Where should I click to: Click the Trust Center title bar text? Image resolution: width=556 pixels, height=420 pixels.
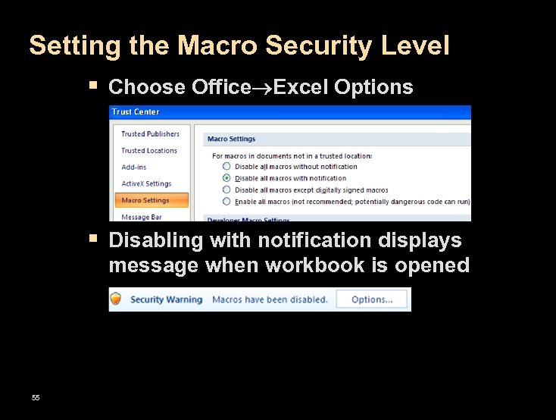tap(136, 112)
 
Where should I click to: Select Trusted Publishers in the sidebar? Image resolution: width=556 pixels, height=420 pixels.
tap(150, 134)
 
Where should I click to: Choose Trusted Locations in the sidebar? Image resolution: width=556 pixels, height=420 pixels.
tap(149, 151)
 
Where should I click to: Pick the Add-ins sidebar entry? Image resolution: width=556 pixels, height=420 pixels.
tap(134, 168)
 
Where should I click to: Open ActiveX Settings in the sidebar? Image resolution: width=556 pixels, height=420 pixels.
tap(146, 184)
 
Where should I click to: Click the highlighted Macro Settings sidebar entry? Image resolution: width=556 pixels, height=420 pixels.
tap(145, 201)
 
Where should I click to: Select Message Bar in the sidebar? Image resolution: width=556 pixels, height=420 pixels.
tap(142, 217)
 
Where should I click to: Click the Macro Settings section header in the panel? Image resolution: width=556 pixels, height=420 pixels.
tap(231, 139)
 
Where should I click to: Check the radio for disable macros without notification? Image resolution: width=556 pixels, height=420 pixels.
tap(226, 167)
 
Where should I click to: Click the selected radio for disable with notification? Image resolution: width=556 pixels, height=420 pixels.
tap(226, 179)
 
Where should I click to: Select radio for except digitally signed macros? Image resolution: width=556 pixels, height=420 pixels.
tap(226, 190)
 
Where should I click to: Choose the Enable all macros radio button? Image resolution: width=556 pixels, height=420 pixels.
tap(226, 202)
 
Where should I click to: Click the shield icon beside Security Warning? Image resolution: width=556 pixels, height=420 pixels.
tap(116, 299)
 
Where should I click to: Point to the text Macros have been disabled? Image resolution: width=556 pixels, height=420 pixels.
tap(270, 299)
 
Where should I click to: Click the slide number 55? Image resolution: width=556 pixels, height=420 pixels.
tap(36, 398)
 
